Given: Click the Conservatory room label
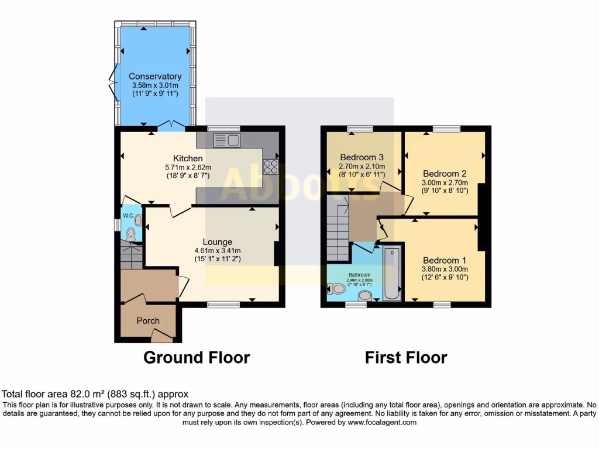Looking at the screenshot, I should (x=155, y=76).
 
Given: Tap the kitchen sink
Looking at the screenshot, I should (x=227, y=140).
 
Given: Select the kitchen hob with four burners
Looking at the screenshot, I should (x=270, y=167).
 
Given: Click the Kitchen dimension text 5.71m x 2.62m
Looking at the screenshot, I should (x=188, y=167).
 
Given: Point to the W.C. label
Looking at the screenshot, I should (x=129, y=216).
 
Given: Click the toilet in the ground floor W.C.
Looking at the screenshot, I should (x=130, y=234).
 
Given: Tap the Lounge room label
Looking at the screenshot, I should (x=218, y=241).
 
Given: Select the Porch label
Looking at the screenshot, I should (x=148, y=320).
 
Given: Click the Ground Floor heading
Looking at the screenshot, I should (x=197, y=357).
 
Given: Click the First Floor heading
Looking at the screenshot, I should (x=406, y=357).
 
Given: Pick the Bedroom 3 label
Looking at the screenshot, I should (x=362, y=157).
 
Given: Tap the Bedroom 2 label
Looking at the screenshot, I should (x=445, y=174).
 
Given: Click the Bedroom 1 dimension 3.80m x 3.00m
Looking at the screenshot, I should (x=445, y=270).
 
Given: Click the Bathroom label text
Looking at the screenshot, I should (x=360, y=275).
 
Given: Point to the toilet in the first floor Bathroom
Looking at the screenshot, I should (x=338, y=288).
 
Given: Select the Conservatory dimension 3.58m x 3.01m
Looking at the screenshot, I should (x=155, y=85).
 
